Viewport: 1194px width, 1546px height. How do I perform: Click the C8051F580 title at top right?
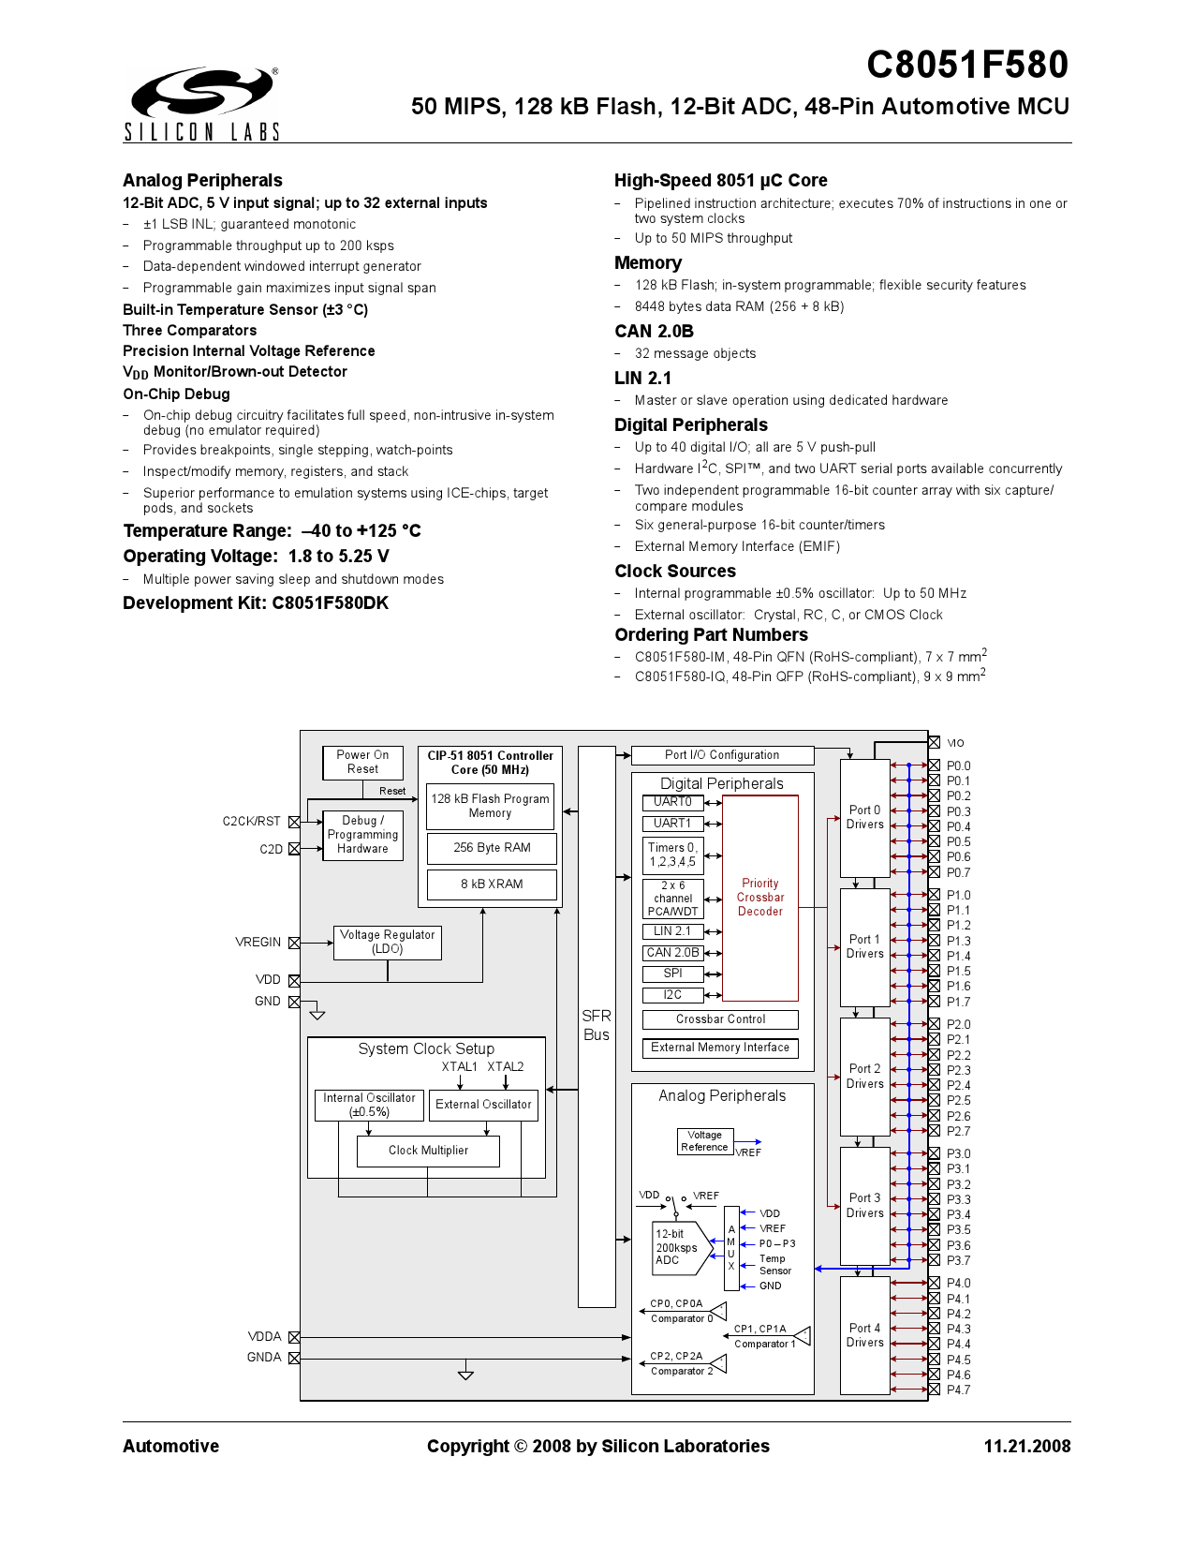pos(966,65)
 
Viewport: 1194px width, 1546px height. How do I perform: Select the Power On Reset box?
pos(362,762)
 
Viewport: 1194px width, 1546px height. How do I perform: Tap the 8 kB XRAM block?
pos(492,884)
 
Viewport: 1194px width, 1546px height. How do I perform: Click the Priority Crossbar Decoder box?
pos(760,897)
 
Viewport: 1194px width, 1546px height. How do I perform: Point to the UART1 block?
pos(672,823)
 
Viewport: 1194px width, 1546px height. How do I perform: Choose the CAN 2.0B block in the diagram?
pos(672,952)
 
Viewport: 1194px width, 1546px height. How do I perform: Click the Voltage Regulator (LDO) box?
pos(387,942)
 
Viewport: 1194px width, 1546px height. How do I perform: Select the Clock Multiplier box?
pos(428,1150)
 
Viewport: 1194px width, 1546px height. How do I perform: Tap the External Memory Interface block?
pos(720,1048)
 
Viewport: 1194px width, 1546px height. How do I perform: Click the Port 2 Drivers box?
pos(864,1076)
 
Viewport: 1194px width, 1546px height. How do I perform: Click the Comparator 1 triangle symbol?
pos(803,1336)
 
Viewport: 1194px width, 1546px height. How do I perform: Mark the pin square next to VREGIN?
pos(294,943)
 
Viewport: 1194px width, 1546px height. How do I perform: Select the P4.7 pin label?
pos(958,1390)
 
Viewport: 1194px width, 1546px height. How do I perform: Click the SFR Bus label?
pos(597,1025)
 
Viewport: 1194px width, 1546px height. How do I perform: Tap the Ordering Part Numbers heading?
pos(711,634)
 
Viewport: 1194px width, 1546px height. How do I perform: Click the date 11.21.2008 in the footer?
pos(1026,1446)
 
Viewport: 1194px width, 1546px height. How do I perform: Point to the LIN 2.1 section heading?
pos(642,378)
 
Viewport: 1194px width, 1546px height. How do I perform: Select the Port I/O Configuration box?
pos(722,755)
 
